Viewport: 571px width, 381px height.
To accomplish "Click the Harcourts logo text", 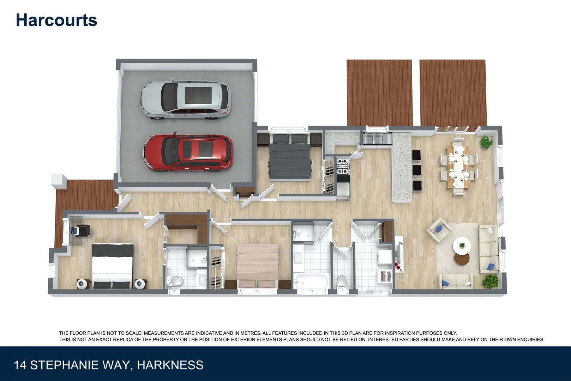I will tap(56, 20).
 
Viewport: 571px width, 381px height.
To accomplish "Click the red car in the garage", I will tap(187, 153).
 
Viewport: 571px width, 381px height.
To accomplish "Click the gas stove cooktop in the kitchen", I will tap(342, 166).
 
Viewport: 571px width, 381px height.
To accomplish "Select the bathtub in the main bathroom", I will tap(312, 282).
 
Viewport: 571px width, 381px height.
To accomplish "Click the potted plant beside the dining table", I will tap(486, 142).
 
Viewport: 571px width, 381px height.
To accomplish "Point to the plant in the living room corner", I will tap(491, 281).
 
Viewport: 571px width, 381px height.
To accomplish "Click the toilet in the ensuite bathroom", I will tap(175, 282).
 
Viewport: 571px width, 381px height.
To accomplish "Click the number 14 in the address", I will tap(20, 365).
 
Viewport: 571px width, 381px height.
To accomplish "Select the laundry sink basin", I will tap(385, 276).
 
